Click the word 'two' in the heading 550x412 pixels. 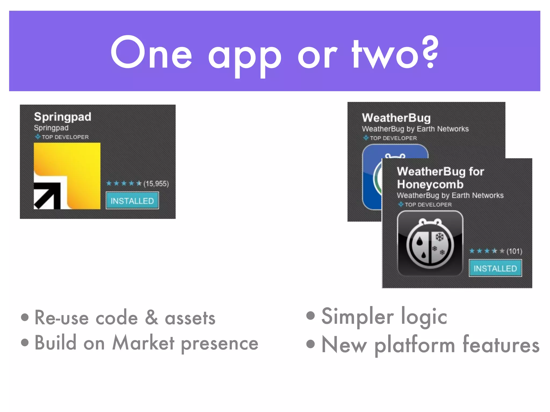[385, 55]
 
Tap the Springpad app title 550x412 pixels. [63, 117]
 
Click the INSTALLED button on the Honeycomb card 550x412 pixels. [495, 268]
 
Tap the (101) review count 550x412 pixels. [514, 251]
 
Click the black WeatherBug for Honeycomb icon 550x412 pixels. [430, 243]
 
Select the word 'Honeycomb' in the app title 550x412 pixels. [430, 185]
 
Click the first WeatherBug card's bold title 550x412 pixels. [396, 118]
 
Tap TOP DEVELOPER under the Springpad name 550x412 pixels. [65, 137]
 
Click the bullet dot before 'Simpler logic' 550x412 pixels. [310, 315]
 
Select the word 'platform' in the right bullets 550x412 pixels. [415, 345]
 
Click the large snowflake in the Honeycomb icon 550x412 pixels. [440, 237]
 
